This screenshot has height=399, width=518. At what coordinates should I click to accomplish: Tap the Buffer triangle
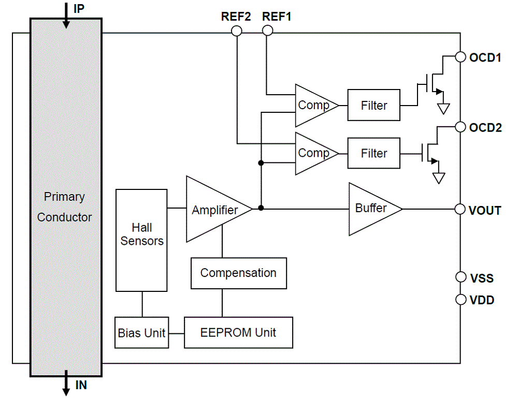tap(371, 209)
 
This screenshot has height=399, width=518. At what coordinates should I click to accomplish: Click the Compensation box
tap(238, 273)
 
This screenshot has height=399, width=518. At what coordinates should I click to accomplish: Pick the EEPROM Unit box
tap(238, 333)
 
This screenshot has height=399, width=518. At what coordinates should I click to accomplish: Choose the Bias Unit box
tap(142, 333)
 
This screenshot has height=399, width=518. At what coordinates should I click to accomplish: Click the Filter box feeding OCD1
tap(373, 106)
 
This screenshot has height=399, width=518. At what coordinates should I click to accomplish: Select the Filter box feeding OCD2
tap(373, 153)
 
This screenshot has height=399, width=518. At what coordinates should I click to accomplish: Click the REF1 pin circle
tap(267, 31)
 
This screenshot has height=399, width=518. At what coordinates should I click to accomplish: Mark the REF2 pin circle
tap(236, 31)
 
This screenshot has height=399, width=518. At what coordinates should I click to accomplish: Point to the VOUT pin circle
tap(460, 209)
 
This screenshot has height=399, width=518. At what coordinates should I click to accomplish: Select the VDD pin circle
tap(460, 300)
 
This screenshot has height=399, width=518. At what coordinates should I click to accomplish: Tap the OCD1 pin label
tap(485, 57)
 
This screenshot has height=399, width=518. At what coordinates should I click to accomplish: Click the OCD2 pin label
tap(485, 127)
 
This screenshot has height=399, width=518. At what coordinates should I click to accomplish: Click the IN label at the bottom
tap(81, 386)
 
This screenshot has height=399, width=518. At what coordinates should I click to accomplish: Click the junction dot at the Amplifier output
tap(261, 208)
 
